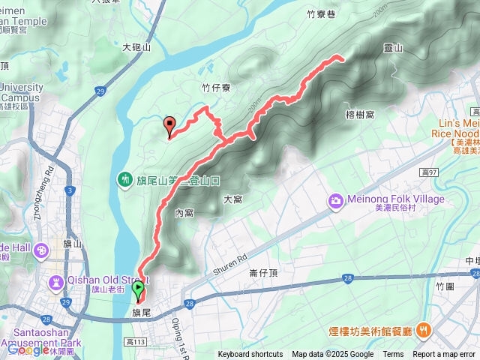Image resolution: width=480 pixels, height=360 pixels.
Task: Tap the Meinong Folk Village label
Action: [396, 199]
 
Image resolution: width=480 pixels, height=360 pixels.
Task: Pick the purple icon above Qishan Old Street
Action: [55, 283]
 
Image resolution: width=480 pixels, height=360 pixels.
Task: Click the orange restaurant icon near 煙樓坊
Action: [424, 329]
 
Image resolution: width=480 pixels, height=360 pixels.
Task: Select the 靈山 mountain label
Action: [393, 48]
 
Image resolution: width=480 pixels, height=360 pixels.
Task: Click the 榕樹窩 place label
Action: [361, 114]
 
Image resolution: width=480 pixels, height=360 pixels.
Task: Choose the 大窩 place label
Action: [232, 199]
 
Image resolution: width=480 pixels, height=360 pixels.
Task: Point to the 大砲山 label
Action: [137, 47]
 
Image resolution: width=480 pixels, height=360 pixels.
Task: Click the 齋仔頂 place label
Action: [263, 273]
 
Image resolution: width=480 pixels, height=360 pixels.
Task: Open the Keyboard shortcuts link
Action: [250, 355]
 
